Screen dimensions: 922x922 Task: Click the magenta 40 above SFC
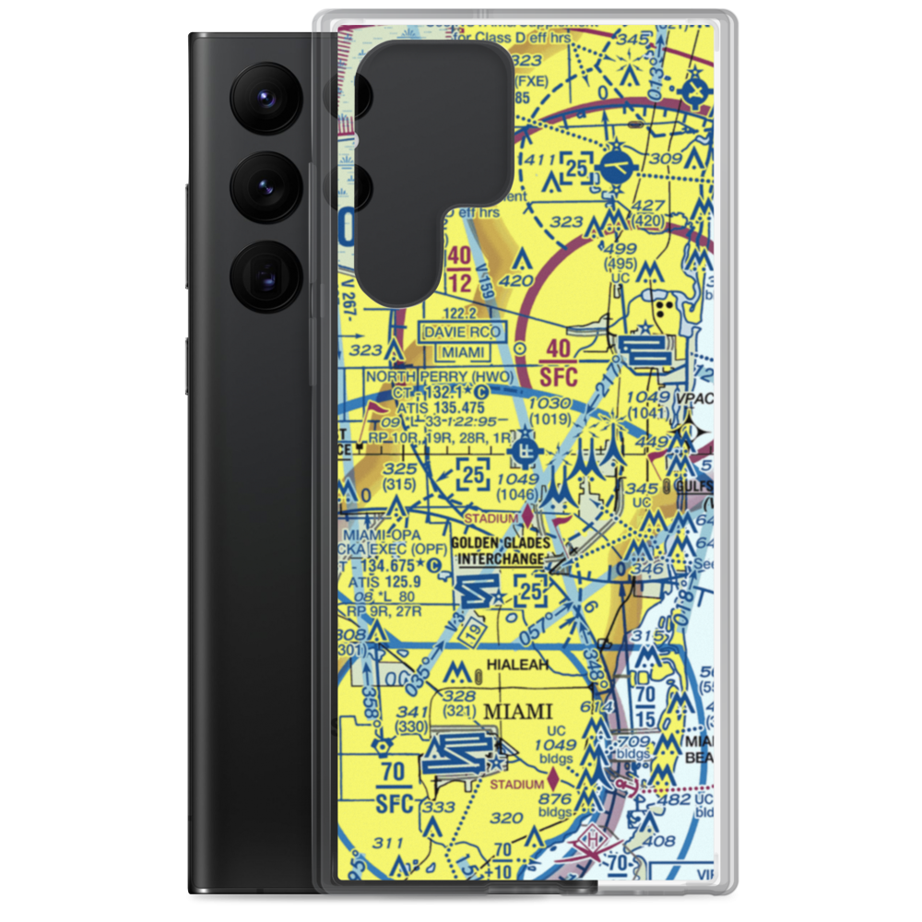click(x=558, y=349)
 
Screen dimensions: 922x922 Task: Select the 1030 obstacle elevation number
click(x=552, y=403)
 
